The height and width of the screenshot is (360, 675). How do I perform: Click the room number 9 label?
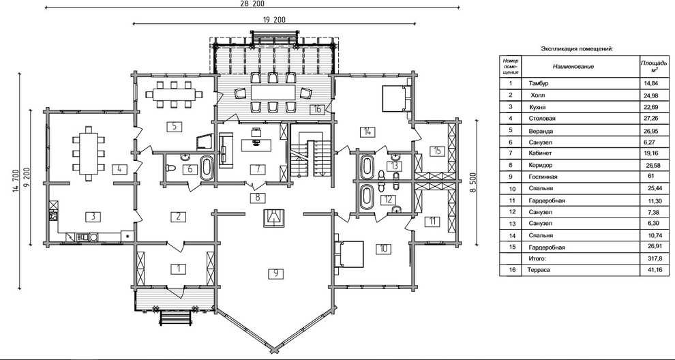275,273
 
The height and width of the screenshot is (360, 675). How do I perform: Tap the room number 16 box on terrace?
317,109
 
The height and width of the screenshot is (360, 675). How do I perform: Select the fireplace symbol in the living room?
273,217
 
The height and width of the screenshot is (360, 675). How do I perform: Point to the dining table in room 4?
89,153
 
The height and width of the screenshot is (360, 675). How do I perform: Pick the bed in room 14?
396,97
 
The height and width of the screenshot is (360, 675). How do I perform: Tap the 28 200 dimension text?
252,3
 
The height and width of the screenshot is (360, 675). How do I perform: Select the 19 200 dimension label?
273,19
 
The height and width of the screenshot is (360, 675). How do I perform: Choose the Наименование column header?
573,66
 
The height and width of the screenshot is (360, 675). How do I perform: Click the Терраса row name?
539,270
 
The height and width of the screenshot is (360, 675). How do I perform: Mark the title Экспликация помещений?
577,48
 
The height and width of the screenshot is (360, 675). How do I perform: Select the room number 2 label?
178,216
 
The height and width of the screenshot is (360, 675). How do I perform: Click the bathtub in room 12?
367,197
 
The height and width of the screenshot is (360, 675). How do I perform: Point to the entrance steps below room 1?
176,317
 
